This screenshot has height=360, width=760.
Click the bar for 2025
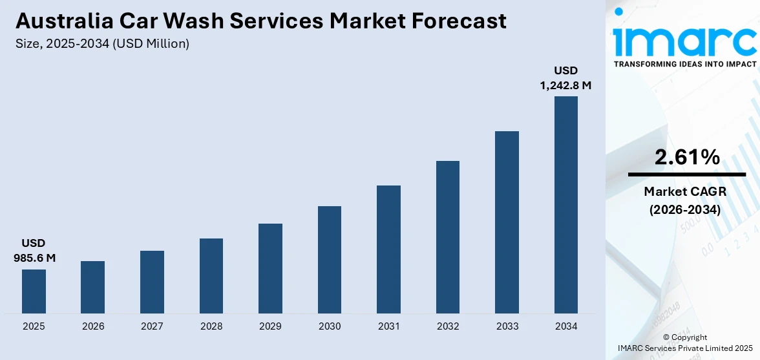tap(34, 291)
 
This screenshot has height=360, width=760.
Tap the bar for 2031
tap(388, 249)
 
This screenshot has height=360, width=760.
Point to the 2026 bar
tap(93, 288)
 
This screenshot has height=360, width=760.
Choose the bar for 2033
tap(507, 222)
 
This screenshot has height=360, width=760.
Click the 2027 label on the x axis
tap(152, 326)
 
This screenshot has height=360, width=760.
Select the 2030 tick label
tap(330, 326)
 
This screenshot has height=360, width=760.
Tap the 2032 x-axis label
tap(448, 326)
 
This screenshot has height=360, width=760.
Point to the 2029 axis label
tap(270, 326)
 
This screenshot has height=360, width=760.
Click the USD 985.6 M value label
tap(34, 251)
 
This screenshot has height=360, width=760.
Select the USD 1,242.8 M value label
tap(566, 78)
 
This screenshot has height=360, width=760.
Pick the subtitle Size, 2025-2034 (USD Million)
tap(102, 43)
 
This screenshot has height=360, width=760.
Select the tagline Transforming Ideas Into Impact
tap(684, 65)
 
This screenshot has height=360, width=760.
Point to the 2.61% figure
tap(687, 157)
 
